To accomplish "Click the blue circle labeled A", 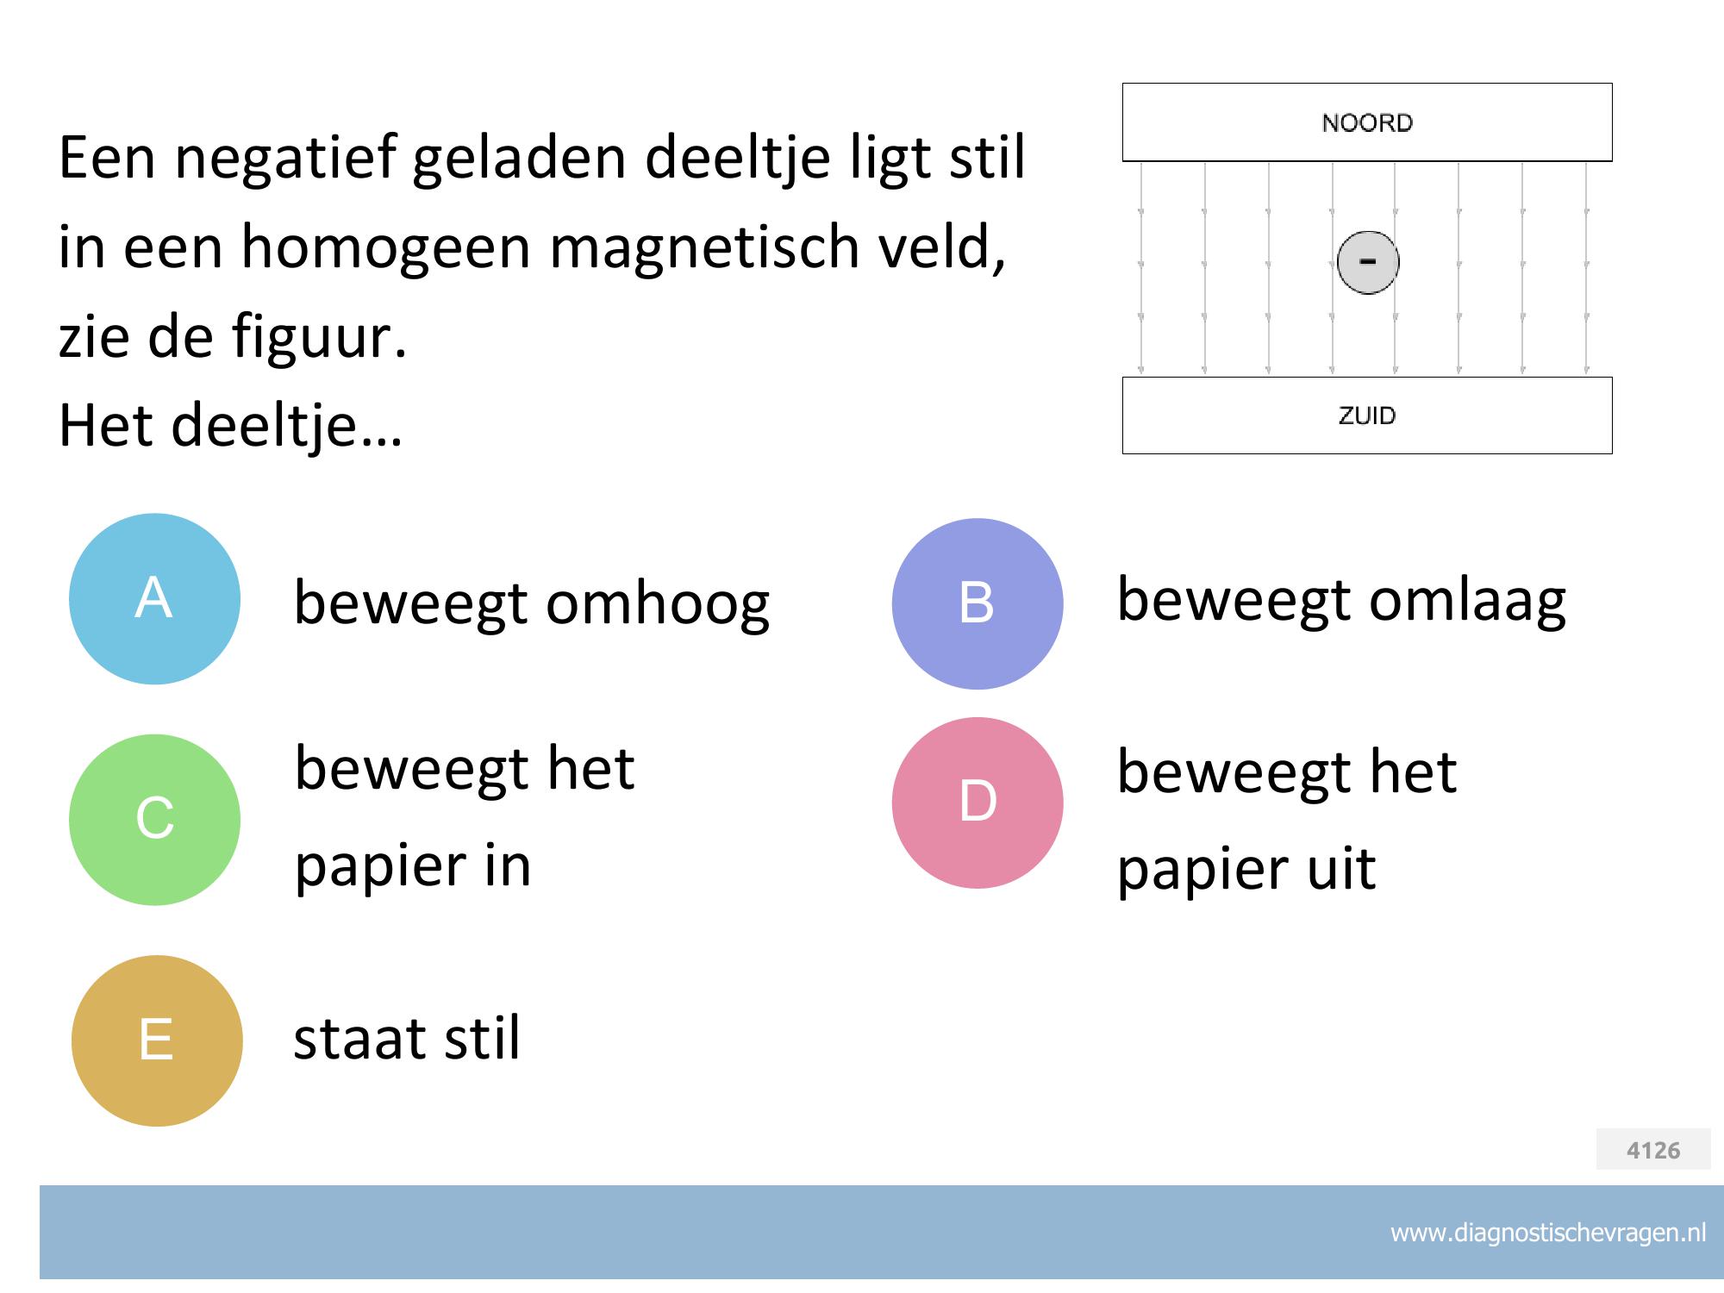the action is [x=154, y=599].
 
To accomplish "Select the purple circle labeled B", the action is [x=978, y=603].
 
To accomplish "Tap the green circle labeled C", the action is [x=154, y=820].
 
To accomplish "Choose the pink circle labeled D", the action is [x=978, y=803].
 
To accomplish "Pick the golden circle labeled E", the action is [x=157, y=1040].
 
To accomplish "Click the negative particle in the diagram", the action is [x=1368, y=263].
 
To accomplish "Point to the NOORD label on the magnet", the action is [x=1367, y=123].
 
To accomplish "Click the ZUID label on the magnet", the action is [x=1367, y=415].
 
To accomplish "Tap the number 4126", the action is [x=1653, y=1150].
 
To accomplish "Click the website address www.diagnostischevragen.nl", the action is [x=1548, y=1234].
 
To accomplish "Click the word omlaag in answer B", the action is [x=1468, y=601].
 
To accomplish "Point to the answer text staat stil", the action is [x=407, y=1038].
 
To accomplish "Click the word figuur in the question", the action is [x=319, y=339].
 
